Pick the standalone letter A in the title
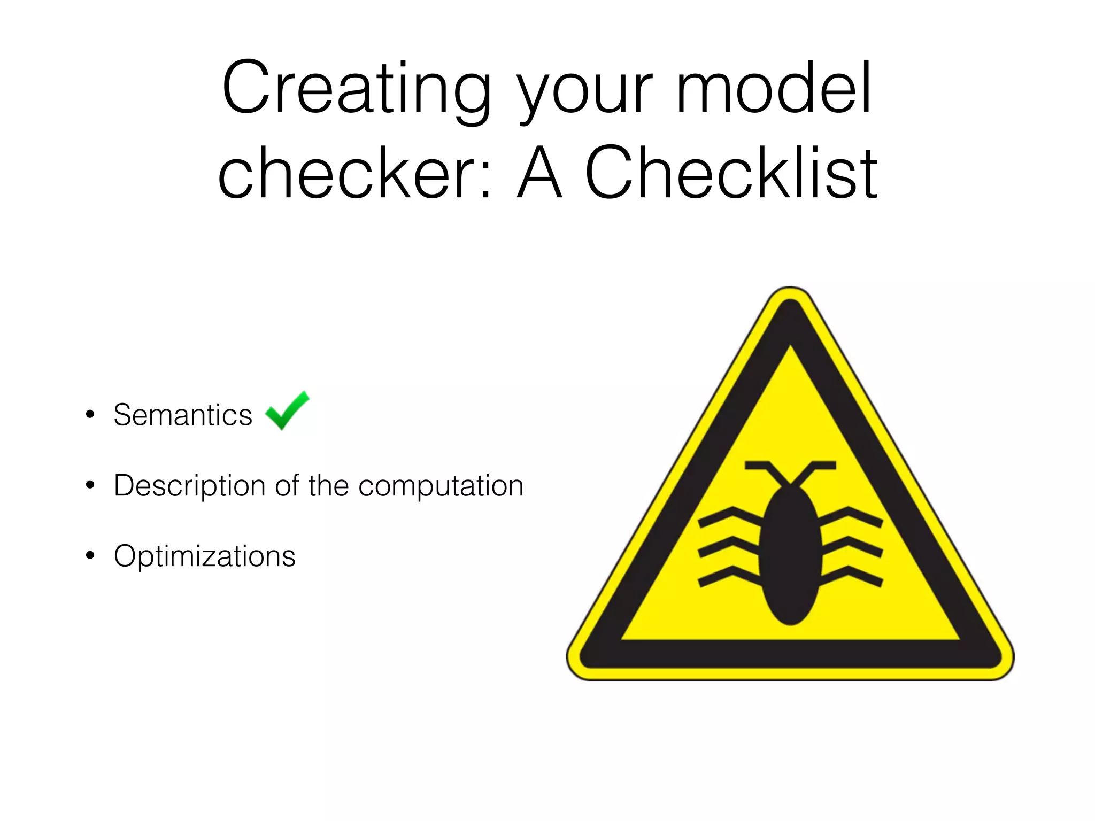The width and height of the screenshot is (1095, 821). pos(540,174)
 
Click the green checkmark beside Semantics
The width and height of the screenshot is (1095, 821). pos(287,410)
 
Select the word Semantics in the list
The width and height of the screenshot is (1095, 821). pos(183,415)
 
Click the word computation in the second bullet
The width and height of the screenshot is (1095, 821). pos(441,486)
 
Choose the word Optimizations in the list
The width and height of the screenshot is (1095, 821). pos(204,556)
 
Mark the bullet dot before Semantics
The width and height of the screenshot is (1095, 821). pos(90,415)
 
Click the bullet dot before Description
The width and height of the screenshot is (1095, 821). pos(90,485)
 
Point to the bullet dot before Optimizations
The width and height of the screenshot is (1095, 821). pos(90,556)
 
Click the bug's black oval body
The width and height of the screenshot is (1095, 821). pos(790,556)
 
